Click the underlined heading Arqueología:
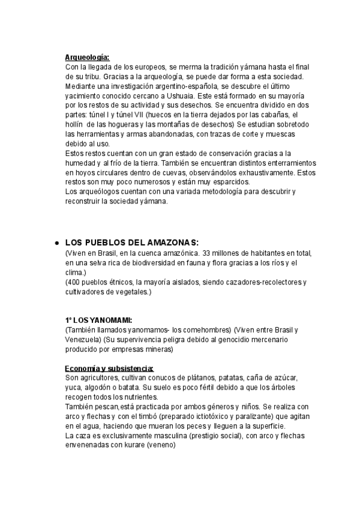tap(87, 58)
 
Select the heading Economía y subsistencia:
tap(109, 369)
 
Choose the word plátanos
tap(184, 378)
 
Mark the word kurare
tap(126, 445)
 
